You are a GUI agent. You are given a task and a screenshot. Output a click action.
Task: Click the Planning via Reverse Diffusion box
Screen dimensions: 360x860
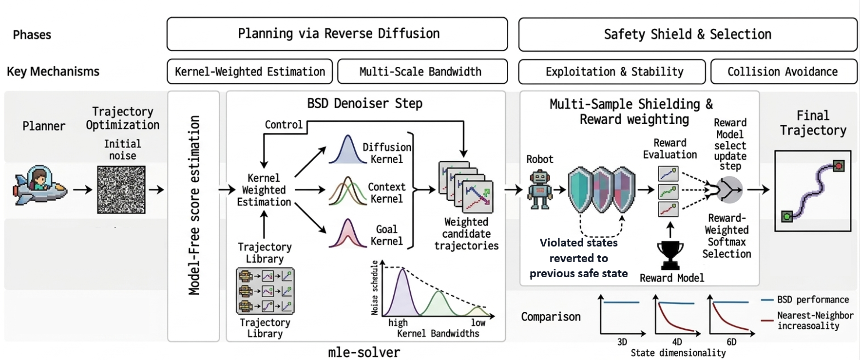[337, 34]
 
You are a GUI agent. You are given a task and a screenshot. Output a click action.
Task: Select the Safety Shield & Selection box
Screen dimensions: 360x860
[688, 35]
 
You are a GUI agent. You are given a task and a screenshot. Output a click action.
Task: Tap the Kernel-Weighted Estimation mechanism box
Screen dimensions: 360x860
[250, 72]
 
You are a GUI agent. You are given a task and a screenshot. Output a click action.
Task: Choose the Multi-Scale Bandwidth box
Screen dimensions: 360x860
[422, 72]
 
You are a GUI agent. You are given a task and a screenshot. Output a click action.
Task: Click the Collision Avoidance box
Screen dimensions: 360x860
[783, 72]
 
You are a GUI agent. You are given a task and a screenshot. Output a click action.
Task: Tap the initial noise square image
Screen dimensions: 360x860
[121, 189]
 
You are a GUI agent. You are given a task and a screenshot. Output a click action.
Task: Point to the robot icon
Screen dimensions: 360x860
[540, 189]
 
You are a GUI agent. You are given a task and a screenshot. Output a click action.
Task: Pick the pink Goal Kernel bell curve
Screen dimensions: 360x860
[347, 234]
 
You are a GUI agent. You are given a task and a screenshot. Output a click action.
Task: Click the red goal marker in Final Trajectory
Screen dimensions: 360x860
[838, 166]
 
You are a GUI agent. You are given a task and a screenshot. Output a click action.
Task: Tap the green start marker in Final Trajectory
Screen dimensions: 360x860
[787, 216]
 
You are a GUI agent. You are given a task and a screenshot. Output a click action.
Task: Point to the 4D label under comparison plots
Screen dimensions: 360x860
[677, 341]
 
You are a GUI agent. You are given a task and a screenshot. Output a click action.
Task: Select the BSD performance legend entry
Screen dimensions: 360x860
[806, 300]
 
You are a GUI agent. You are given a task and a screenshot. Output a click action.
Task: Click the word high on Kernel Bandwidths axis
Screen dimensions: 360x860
[398, 322]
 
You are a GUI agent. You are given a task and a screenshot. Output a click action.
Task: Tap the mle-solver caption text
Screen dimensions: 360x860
[364, 352]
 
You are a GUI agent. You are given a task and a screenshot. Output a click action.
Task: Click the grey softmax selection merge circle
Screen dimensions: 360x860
[729, 189]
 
